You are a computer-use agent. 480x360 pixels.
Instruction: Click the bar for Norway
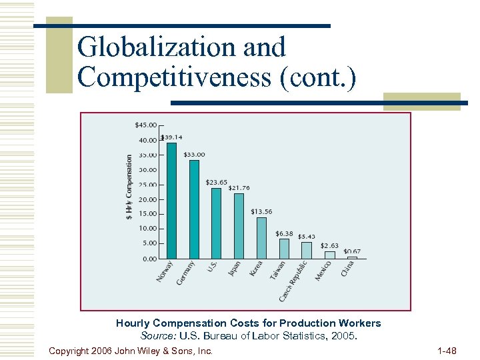[171, 200]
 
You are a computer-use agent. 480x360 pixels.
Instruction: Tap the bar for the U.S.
[216, 223]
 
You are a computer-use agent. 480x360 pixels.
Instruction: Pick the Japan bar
[239, 226]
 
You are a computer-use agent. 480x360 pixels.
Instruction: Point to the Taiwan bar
[284, 249]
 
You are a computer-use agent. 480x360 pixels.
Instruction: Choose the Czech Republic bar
[307, 250]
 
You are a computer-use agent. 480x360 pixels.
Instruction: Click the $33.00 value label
[194, 155]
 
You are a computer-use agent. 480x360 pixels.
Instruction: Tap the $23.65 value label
[216, 182]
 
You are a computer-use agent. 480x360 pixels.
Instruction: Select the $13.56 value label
[261, 211]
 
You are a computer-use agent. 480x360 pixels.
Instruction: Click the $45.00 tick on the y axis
[145, 125]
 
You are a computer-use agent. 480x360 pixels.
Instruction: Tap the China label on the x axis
[347, 269]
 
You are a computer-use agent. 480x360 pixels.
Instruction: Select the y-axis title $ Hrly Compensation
[129, 186]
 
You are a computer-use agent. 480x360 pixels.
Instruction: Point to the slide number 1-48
[447, 350]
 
